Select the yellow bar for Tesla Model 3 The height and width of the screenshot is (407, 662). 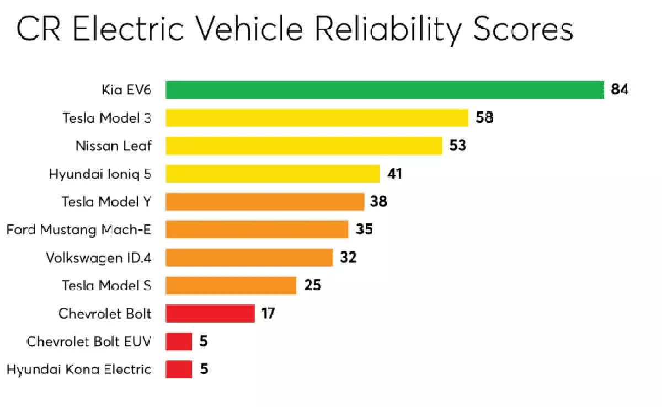pos(317,117)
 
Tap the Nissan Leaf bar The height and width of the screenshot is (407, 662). pos(304,146)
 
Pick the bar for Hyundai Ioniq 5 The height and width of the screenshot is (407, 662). pos(273,174)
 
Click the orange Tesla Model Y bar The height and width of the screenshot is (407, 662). pos(265,202)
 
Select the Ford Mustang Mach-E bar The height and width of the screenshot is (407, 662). pos(257,229)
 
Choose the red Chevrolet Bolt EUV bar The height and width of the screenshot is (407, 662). pos(179,341)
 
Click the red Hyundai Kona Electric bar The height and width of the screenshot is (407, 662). pos(179,369)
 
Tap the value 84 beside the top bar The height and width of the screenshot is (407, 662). pos(620,90)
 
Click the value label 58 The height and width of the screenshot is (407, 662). pos(484,117)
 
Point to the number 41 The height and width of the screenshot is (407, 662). pos(394,174)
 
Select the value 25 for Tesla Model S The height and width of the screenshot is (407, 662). pos(312,286)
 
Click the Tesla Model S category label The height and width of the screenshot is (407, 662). pos(106,286)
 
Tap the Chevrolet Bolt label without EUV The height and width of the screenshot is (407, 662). pos(105,314)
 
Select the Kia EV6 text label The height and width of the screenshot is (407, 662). pos(126,90)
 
